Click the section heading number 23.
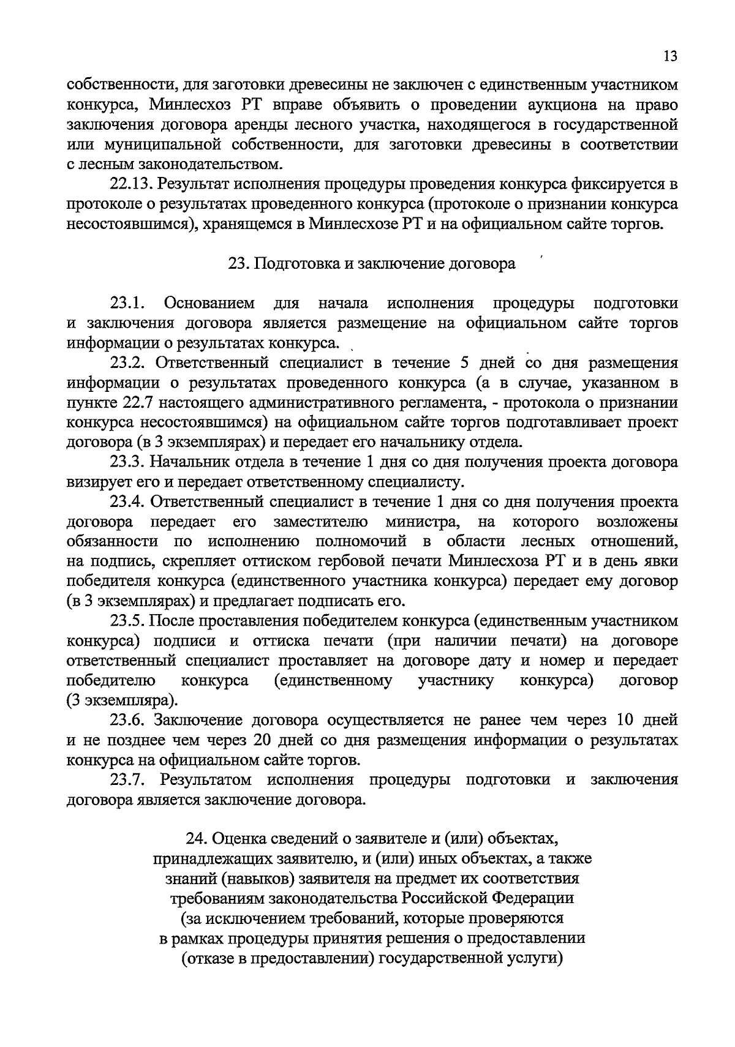[237, 264]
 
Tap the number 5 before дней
[464, 363]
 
